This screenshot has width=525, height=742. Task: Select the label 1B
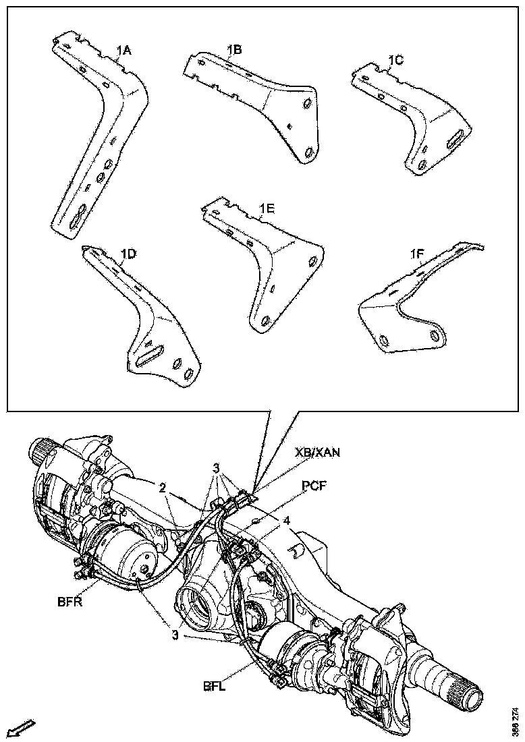pyautogui.click(x=234, y=49)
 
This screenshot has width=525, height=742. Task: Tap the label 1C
pyautogui.click(x=395, y=60)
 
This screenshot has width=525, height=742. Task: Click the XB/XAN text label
pyautogui.click(x=316, y=453)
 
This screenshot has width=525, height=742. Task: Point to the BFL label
pyautogui.click(x=215, y=687)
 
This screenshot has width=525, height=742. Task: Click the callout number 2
pyautogui.click(x=163, y=487)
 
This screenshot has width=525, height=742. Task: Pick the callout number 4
pyautogui.click(x=287, y=520)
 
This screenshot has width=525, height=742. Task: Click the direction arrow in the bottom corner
pyautogui.click(x=24, y=728)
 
